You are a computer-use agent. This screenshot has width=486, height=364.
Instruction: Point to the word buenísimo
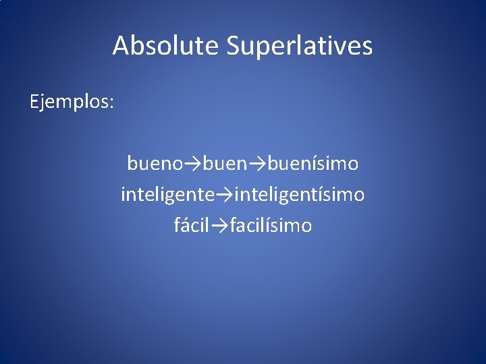click(x=313, y=163)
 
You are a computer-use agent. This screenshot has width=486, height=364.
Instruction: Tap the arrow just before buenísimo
click(x=259, y=163)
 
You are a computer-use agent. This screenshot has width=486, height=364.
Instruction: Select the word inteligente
click(x=167, y=195)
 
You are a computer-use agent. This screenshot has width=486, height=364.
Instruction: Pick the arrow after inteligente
click(x=224, y=195)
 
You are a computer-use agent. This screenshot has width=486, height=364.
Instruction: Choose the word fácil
click(x=192, y=225)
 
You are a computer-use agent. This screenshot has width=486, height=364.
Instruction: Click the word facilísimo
click(x=271, y=225)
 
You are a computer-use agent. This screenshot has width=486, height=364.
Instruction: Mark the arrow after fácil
click(x=219, y=225)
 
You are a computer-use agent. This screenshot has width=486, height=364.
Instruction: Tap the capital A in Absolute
click(x=121, y=46)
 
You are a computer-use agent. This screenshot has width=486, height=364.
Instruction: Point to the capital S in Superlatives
click(x=233, y=46)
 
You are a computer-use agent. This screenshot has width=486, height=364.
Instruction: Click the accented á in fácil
click(x=186, y=225)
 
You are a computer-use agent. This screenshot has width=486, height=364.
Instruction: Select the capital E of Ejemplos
click(x=34, y=102)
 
